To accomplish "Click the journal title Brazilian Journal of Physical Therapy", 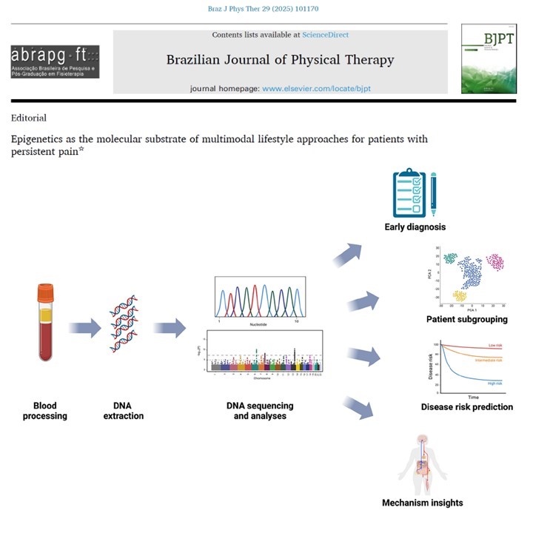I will [280, 60].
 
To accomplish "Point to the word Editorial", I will [29, 118].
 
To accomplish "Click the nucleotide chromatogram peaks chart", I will [259, 298].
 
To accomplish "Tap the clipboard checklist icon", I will [410, 192].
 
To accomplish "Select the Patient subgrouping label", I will [467, 320].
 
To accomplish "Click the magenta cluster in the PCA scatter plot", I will [494, 261].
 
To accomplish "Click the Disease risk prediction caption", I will [466, 406].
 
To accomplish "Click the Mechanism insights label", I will [422, 503].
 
